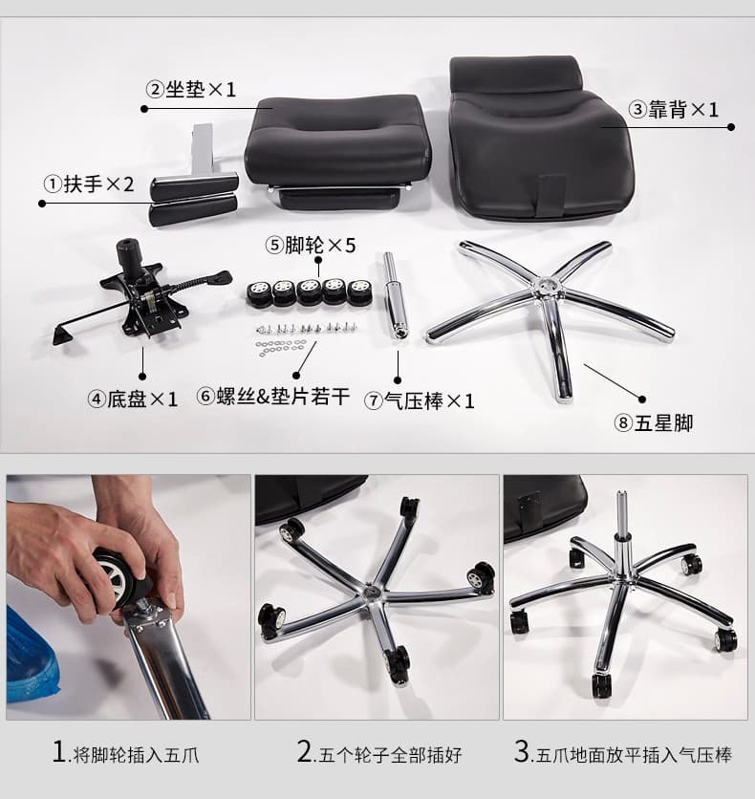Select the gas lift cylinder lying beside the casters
click(395, 295)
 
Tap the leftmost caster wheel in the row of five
click(260, 292)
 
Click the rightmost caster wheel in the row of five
click(359, 292)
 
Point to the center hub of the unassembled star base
click(546, 287)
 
